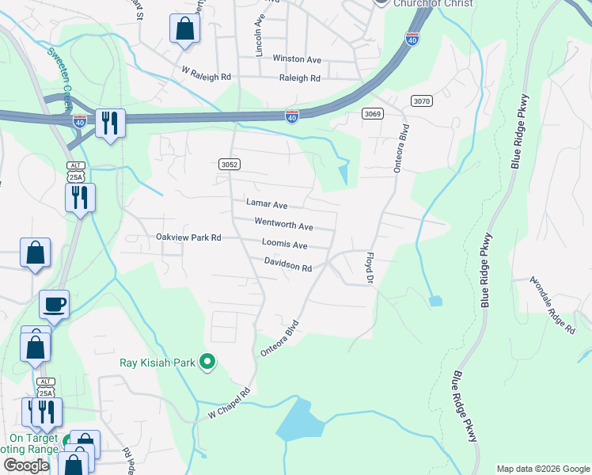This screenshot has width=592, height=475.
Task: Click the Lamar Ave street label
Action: pyautogui.click(x=266, y=204)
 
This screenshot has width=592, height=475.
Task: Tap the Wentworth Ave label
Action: pyautogui.click(x=283, y=225)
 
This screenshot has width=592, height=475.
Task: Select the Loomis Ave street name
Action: pyautogui.click(x=284, y=245)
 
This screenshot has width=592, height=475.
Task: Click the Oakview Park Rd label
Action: pyautogui.click(x=188, y=237)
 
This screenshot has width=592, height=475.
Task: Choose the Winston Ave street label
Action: pyautogui.click(x=296, y=59)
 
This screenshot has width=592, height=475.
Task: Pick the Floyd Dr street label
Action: pyautogui.click(x=368, y=269)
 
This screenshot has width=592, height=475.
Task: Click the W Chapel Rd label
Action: pyautogui.click(x=229, y=403)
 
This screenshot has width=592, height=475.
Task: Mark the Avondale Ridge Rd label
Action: pyautogui.click(x=552, y=305)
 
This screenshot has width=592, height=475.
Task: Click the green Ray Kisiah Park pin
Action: pyautogui.click(x=208, y=363)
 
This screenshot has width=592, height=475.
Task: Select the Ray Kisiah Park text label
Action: pyautogui.click(x=158, y=363)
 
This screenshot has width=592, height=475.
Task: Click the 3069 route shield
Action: pyautogui.click(x=374, y=114)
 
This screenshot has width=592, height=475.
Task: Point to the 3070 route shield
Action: pyautogui.click(x=422, y=100)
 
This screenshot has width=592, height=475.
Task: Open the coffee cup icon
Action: pyautogui.click(x=54, y=304)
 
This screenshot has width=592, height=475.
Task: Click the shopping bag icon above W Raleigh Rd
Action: pyautogui.click(x=184, y=29)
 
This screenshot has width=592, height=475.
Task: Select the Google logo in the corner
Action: pyautogui.click(x=27, y=465)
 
